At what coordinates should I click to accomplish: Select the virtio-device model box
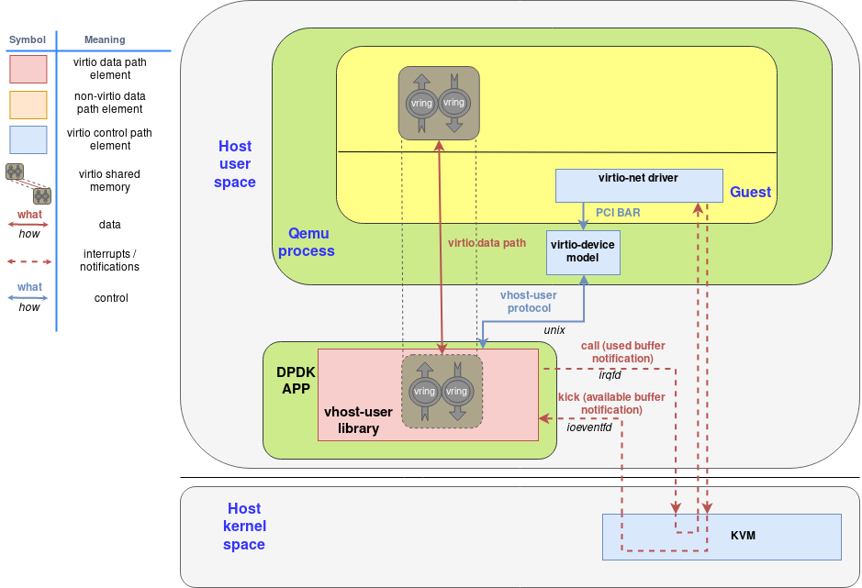click(x=583, y=252)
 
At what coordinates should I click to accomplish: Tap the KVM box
click(x=721, y=536)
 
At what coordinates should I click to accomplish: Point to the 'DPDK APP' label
click(x=296, y=380)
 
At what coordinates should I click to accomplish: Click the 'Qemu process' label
click(x=306, y=242)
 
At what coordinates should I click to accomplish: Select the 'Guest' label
click(x=750, y=192)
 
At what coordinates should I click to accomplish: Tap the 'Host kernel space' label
click(x=244, y=527)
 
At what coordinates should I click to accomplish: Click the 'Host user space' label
click(x=234, y=164)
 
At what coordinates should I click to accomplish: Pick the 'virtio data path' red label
click(x=487, y=243)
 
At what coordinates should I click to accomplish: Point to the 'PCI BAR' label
click(x=618, y=212)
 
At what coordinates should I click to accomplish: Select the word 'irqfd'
click(x=610, y=374)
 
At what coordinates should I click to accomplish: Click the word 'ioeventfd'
click(x=589, y=427)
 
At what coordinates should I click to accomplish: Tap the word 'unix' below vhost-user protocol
click(x=554, y=329)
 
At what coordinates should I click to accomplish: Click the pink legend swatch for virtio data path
click(x=28, y=69)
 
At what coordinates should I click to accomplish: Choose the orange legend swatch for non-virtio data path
click(x=28, y=104)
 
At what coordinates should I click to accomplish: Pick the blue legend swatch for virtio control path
click(x=28, y=139)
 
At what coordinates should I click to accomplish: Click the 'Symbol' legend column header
click(x=27, y=39)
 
